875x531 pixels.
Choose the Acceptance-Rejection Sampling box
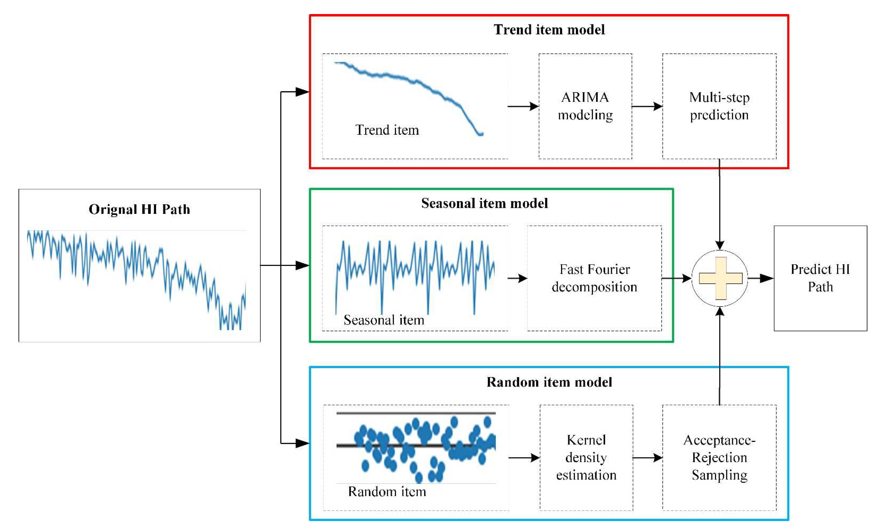point(719,457)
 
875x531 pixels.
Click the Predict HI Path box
point(820,278)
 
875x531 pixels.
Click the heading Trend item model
point(549,29)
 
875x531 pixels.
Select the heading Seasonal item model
point(484,203)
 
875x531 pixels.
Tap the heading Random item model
point(549,382)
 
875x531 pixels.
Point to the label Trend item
point(387,130)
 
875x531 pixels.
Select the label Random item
point(387,491)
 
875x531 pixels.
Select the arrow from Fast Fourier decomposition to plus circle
point(677,278)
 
